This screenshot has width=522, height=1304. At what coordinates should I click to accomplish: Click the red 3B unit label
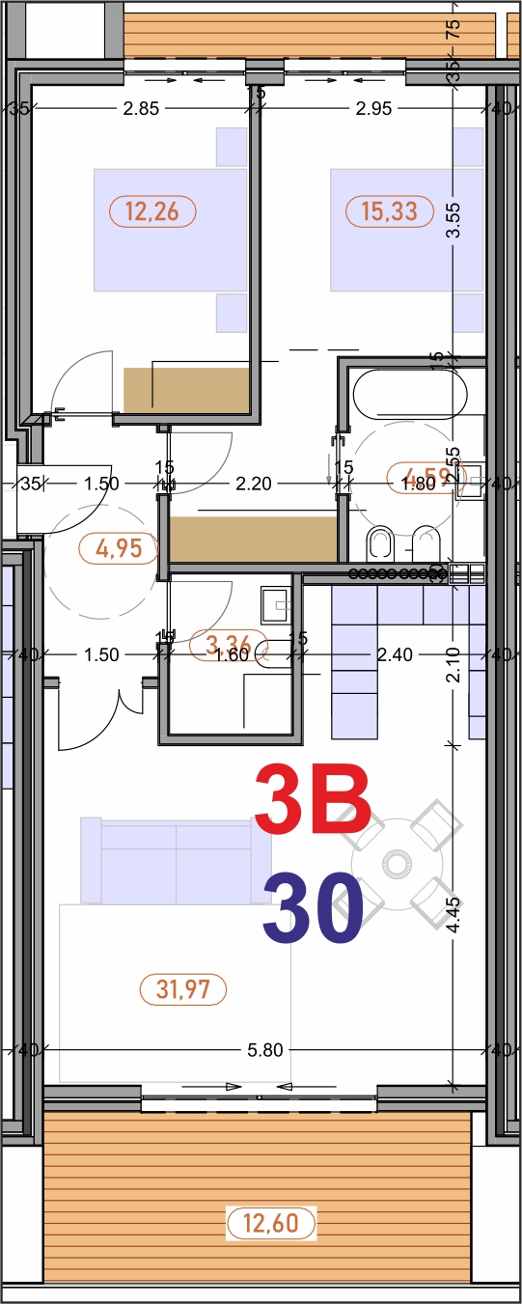click(313, 798)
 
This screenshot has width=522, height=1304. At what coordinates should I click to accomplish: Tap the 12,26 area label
click(152, 210)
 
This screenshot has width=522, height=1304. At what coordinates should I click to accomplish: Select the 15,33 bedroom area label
click(389, 210)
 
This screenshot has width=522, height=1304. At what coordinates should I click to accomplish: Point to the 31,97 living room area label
click(183, 988)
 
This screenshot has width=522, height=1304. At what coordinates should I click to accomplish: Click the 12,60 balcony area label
click(270, 1224)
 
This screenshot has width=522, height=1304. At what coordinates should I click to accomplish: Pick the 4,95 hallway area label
click(119, 548)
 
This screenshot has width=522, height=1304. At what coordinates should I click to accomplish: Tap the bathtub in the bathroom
click(409, 395)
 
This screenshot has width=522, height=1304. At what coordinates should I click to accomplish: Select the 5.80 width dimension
click(264, 1050)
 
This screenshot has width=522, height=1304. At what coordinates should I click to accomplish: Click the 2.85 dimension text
click(141, 108)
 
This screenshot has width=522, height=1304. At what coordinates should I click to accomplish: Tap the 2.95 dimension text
click(373, 108)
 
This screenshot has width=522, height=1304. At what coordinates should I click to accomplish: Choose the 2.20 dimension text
click(253, 484)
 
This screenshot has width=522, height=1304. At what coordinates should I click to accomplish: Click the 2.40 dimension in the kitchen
click(395, 654)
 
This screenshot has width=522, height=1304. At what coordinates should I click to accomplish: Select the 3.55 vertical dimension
click(453, 220)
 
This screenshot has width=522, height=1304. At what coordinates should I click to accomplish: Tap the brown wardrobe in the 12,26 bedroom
click(187, 388)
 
